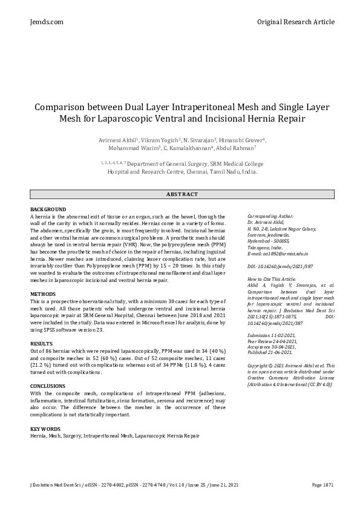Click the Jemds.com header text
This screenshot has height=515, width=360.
[46, 22]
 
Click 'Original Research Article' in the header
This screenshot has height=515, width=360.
[295, 22]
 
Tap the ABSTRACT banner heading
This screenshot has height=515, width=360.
[182, 194]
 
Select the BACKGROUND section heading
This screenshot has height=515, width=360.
[48, 209]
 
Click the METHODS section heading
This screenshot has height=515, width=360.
[42, 294]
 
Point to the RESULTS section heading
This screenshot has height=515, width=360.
[41, 343]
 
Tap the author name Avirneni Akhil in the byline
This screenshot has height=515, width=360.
[117, 140]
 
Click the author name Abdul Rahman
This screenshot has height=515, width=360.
[237, 148]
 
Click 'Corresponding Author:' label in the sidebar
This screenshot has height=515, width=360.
[270, 215]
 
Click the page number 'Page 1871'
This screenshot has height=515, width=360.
[323, 485]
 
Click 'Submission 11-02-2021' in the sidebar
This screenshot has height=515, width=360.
[272, 336]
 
